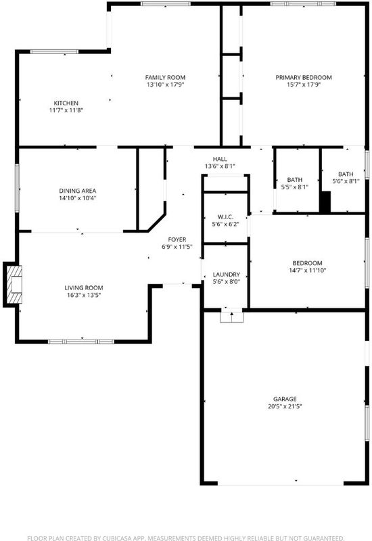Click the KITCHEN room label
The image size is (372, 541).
[x=66, y=103]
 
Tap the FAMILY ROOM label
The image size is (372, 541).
[x=165, y=78]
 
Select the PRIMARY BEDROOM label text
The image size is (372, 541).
[x=304, y=78]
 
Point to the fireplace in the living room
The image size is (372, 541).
[x=14, y=285]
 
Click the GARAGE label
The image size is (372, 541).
[x=285, y=399]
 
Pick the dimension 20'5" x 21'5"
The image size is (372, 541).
[x=285, y=406]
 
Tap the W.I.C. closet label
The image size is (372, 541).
[x=225, y=217]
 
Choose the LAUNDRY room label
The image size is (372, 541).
[x=227, y=275]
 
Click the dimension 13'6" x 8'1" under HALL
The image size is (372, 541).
[x=220, y=166]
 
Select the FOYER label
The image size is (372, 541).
[x=177, y=240]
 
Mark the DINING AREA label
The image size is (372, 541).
[x=78, y=191]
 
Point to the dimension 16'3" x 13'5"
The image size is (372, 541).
[x=84, y=296]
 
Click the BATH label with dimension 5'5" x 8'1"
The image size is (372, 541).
[x=295, y=180]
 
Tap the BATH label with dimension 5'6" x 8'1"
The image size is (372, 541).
[x=346, y=174]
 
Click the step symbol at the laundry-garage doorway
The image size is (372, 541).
[x=231, y=316]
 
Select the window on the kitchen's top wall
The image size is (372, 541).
[x=54, y=52]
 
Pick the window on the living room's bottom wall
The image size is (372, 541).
[x=81, y=342]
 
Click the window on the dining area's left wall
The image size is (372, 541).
[x=16, y=188]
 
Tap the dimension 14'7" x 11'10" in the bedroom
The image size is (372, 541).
[x=308, y=270]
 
